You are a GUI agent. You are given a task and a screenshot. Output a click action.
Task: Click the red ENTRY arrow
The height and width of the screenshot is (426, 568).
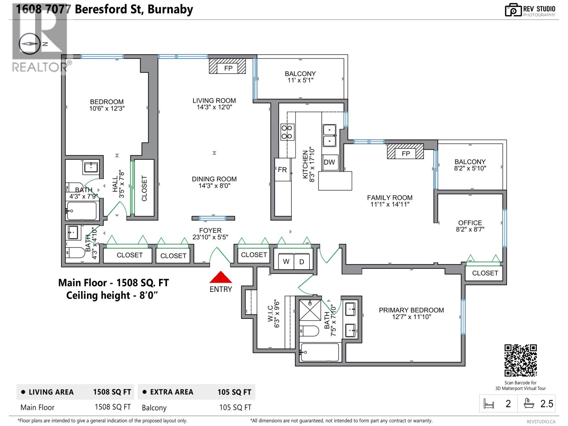pos(220,277)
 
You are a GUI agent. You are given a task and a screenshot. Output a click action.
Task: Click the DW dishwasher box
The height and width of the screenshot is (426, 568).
pos(329,162)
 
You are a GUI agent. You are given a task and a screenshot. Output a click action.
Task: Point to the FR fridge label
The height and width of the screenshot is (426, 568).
pos(282,170)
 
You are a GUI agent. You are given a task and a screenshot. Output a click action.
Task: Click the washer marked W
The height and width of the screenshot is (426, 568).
pos(286,262)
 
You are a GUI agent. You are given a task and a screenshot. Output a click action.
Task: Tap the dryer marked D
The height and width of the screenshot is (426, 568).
pos(302,262)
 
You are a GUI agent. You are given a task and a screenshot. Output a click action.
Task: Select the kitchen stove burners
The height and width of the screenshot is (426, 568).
pos(287,132)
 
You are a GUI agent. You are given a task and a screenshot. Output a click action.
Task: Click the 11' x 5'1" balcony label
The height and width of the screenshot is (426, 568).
pos(300,77)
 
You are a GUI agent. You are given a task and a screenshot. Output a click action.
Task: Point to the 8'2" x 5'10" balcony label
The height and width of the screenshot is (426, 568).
pos(470,165)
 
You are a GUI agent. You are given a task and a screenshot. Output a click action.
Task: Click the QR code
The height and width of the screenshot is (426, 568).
pos(520,360)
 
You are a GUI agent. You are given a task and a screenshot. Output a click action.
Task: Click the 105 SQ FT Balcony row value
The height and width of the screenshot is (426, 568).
pos(235,408)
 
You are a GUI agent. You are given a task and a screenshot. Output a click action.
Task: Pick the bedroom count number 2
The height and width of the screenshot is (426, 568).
pos(508,404)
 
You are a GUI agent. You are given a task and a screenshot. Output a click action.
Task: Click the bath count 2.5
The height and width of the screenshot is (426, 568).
pos(546,404)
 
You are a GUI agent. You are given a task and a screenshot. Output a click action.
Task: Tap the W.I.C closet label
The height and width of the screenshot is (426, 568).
pos(273,314)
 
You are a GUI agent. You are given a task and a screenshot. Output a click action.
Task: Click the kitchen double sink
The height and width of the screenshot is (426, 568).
pos(329,135)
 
